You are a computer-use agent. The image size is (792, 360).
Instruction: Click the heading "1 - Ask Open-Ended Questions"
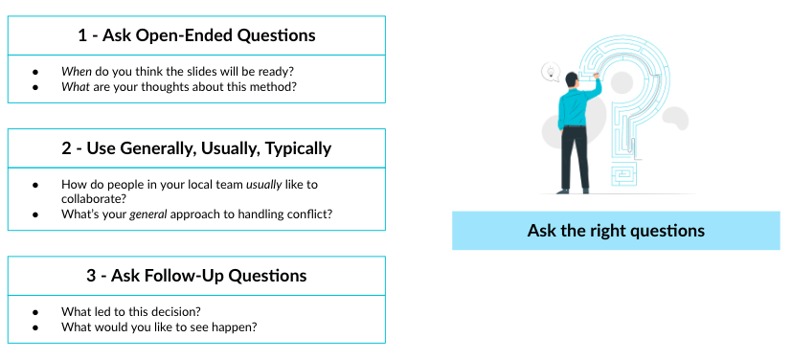[196, 35]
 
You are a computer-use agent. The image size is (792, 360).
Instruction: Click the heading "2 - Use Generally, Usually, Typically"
[196, 148]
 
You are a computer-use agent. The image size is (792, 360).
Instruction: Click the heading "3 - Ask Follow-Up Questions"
[196, 276]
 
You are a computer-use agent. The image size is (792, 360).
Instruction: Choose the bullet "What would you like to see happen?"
[159, 327]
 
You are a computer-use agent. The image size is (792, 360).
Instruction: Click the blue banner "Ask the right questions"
[616, 231]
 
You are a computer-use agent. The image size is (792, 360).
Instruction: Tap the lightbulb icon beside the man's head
[551, 70]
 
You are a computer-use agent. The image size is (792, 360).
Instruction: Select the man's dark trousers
[575, 158]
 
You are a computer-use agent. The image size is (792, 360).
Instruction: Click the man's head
[573, 77]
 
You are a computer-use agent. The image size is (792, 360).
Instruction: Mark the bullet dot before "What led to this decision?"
[35, 312]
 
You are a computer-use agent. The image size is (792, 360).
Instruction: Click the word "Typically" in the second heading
[291, 148]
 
